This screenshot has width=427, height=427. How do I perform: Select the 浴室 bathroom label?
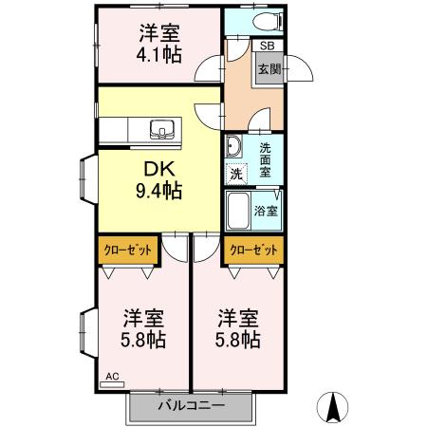tap(267, 210)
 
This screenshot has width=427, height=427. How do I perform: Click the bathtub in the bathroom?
tap(238, 210)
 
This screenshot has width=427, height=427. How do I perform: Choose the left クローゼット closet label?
tap(126, 251)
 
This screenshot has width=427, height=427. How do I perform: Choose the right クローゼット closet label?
tap(254, 251)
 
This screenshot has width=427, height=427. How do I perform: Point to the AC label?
tap(112, 377)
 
